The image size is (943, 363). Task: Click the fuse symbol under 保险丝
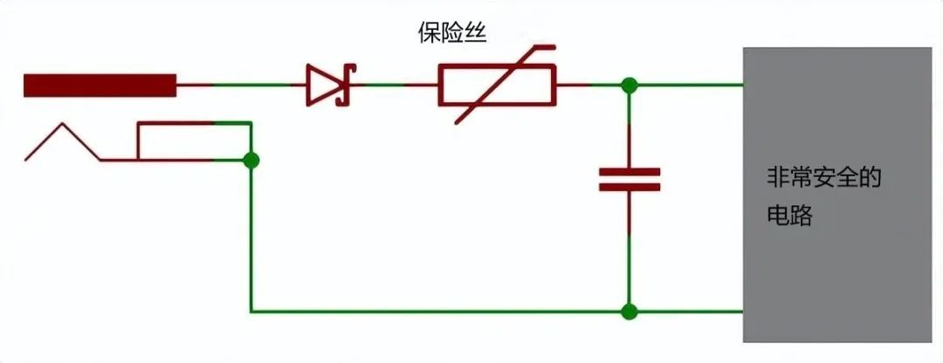(497, 85)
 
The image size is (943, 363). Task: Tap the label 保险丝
(451, 33)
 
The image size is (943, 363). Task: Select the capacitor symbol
(629, 179)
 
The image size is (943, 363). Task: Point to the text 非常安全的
(823, 179)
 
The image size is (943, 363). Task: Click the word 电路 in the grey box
(789, 216)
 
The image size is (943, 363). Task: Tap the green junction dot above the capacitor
(629, 86)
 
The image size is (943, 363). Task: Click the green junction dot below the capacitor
(629, 312)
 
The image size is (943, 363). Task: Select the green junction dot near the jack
(251, 161)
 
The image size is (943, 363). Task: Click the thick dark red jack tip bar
(100, 86)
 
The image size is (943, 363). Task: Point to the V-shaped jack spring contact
(63, 142)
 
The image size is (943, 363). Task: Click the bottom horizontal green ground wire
(497, 312)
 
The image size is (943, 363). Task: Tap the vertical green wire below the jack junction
(251, 236)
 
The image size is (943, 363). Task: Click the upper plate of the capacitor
(629, 171)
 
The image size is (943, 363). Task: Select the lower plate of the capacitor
(629, 187)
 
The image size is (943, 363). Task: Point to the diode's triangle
(320, 85)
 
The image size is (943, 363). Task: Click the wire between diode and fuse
(394, 85)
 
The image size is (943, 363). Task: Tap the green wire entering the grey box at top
(686, 85)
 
